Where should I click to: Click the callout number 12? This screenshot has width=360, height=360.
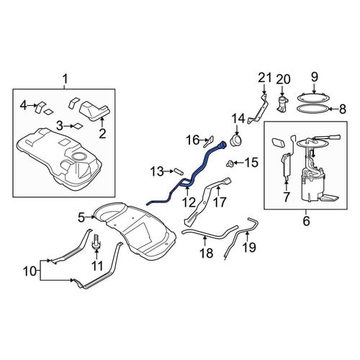189,202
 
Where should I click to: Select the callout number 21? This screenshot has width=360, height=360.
265,78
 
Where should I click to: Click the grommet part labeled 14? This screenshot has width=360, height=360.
237,140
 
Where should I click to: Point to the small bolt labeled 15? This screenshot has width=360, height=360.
230,163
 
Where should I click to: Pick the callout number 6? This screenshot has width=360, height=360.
306,221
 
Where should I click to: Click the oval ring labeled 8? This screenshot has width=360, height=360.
312,109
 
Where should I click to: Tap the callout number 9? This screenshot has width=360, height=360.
315,77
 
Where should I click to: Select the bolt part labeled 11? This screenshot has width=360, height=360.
96,241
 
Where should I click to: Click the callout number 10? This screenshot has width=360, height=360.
30,271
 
